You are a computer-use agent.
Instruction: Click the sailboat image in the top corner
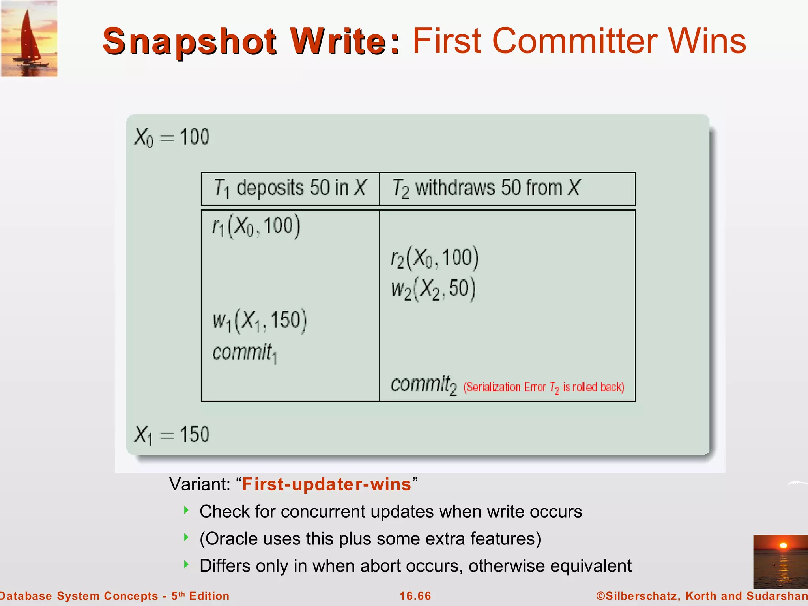click(29, 39)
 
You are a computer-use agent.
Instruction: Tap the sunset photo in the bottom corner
click(780, 561)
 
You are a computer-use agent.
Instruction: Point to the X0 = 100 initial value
click(172, 138)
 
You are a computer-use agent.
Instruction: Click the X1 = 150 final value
click(172, 435)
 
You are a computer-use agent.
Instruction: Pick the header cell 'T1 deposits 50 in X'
click(290, 188)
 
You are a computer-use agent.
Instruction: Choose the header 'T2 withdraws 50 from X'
click(486, 188)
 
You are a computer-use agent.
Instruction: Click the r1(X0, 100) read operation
click(256, 226)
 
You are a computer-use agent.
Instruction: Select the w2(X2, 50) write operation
click(433, 289)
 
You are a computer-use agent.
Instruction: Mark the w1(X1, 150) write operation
click(260, 320)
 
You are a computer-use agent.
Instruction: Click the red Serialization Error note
click(544, 387)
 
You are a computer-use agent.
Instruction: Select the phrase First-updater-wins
click(327, 484)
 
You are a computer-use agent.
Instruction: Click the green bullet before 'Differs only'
click(186, 564)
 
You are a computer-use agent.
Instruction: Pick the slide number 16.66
click(415, 596)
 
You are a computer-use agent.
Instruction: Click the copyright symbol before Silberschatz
click(600, 596)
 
